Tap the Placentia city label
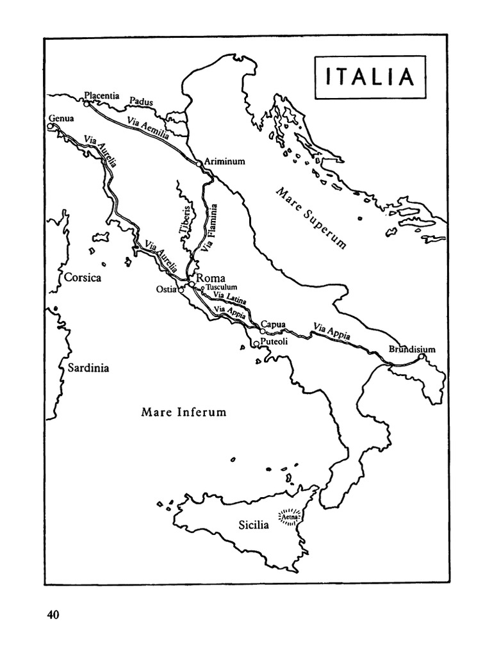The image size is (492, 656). click(102, 95)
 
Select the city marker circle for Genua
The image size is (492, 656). click(51, 127)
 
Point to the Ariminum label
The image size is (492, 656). click(225, 162)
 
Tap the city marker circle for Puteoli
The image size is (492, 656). click(256, 344)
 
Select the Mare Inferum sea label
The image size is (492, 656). click(184, 412)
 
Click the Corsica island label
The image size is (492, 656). click(83, 278)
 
